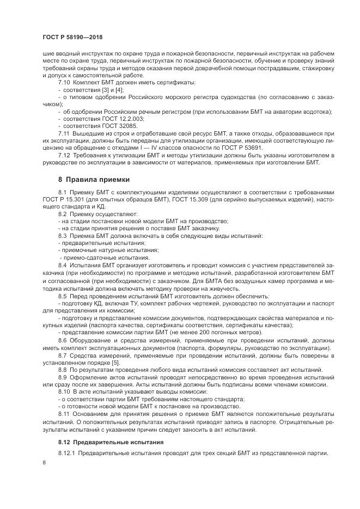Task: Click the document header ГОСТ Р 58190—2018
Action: (x=72, y=37)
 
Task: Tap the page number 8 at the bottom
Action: (x=44, y=462)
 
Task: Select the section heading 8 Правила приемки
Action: (x=94, y=179)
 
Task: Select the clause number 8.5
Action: (x=63, y=296)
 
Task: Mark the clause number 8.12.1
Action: (x=67, y=453)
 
